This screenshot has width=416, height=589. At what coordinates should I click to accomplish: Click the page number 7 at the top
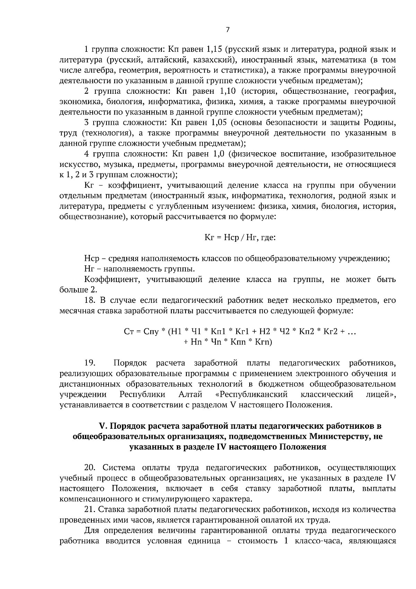[x=227, y=30]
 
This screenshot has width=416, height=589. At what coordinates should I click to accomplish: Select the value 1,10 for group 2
[x=228, y=91]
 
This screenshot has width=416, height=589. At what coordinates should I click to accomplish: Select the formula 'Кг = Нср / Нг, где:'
[x=240, y=238]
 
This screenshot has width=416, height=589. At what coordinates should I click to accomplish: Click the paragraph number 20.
[x=91, y=468]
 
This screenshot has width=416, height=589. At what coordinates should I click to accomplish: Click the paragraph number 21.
[x=91, y=510]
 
